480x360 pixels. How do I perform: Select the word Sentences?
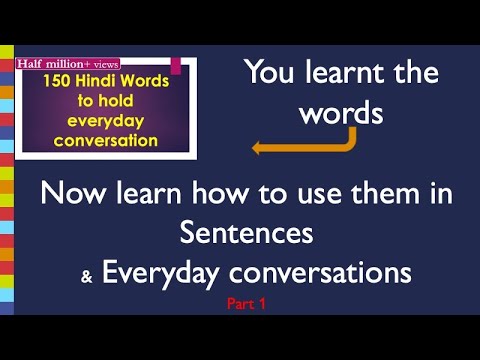[x=247, y=233]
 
